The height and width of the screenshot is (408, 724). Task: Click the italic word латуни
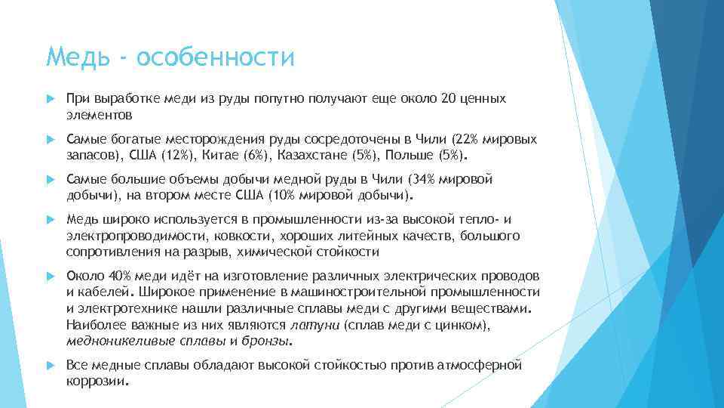315,325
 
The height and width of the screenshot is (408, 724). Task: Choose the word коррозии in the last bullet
96,382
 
